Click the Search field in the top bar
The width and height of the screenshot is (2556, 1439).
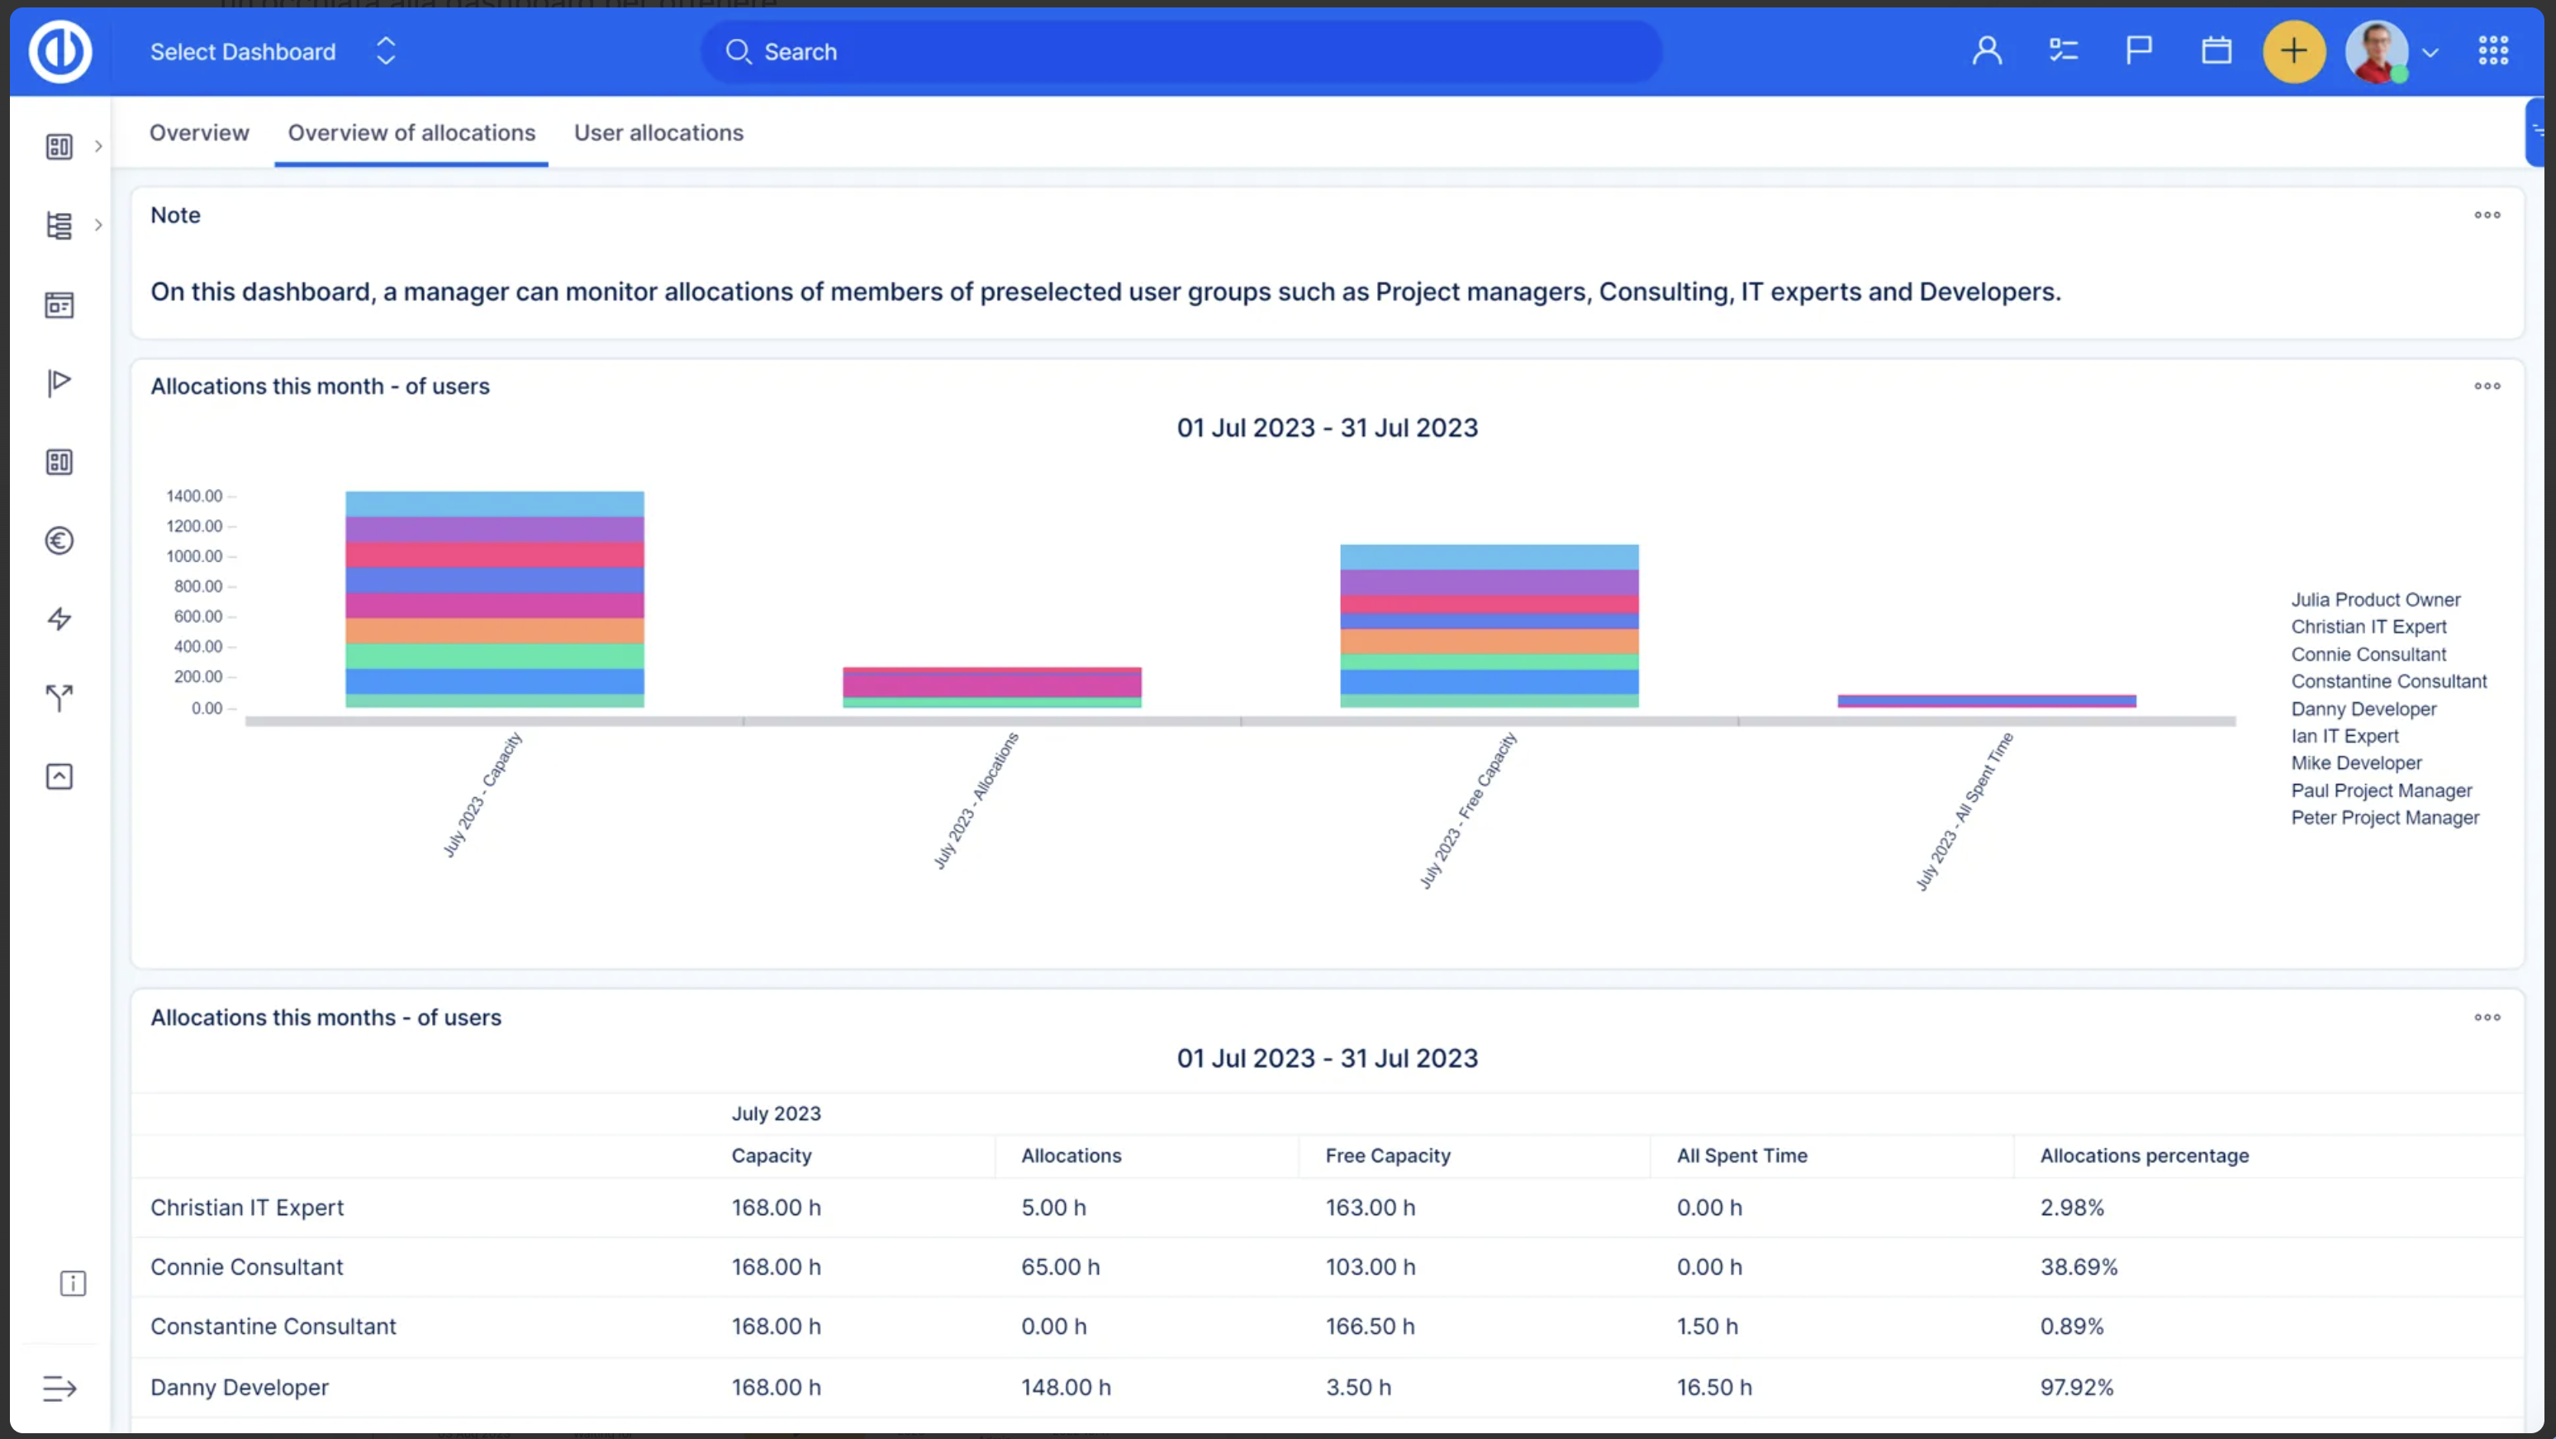(x=1181, y=51)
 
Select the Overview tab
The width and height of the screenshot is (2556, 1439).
(x=199, y=133)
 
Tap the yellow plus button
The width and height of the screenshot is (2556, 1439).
(x=2293, y=51)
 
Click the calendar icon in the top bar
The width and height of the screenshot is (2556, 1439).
(x=2216, y=50)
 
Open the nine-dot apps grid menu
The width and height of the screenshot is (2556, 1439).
(x=2492, y=51)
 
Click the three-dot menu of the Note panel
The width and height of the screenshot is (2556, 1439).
(x=2487, y=216)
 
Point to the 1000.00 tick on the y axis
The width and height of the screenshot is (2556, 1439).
(x=194, y=557)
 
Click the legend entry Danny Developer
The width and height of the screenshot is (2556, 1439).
(x=2364, y=709)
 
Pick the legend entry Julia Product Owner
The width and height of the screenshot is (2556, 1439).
(x=2375, y=600)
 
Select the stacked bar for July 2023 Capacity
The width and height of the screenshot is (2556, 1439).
(x=494, y=600)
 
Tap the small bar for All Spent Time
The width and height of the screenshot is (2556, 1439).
(x=1987, y=701)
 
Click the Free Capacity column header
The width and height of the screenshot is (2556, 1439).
(x=1387, y=1156)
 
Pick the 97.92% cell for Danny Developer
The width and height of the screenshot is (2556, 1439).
(x=2076, y=1388)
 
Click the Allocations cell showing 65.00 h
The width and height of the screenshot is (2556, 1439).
(x=1060, y=1267)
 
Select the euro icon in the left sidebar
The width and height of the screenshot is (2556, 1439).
(x=59, y=541)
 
